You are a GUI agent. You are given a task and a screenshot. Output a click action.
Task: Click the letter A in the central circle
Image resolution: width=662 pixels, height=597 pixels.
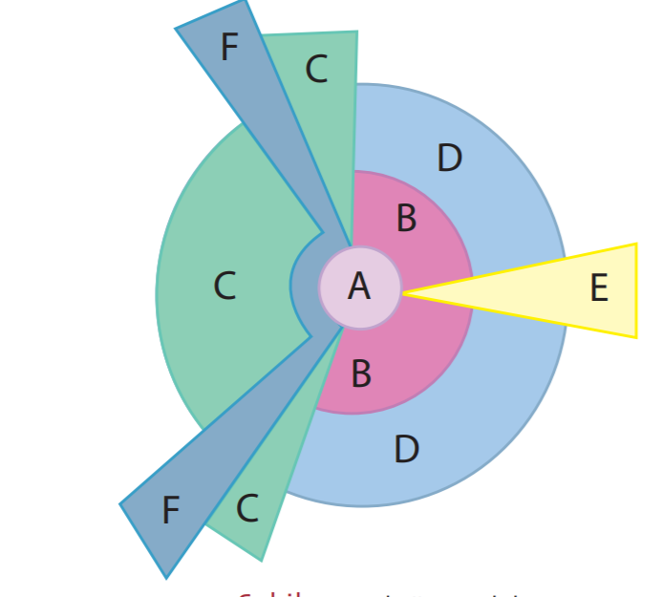tap(359, 286)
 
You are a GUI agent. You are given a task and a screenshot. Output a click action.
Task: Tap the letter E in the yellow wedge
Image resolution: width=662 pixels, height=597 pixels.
tap(599, 288)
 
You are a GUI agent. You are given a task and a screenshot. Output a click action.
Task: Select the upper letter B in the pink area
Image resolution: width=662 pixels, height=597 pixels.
tap(406, 219)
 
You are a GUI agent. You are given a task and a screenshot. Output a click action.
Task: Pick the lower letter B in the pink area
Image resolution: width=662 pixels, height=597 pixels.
tap(361, 373)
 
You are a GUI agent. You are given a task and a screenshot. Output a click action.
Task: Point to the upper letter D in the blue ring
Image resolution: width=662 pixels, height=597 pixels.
tap(449, 159)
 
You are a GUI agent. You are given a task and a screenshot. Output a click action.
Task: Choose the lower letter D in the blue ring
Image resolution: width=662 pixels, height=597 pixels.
tap(406, 449)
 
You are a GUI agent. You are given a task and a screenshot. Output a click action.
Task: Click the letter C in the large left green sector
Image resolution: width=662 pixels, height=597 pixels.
tap(224, 286)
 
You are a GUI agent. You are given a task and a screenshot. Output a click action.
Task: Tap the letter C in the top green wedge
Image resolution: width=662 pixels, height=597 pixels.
tap(316, 69)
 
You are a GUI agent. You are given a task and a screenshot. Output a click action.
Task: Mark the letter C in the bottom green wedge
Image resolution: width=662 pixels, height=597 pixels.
tap(246, 509)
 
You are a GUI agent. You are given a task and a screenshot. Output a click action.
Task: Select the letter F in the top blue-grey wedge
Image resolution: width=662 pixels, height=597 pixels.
tap(229, 47)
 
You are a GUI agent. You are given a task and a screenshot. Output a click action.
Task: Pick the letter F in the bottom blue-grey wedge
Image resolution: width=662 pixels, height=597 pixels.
tap(170, 511)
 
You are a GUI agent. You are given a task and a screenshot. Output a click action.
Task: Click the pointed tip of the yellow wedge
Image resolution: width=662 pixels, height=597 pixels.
tap(405, 293)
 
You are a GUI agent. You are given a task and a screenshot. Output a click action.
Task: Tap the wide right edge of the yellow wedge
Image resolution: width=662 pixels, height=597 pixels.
tap(634, 290)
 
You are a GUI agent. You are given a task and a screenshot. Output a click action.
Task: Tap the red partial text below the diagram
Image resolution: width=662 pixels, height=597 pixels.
tap(271, 593)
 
